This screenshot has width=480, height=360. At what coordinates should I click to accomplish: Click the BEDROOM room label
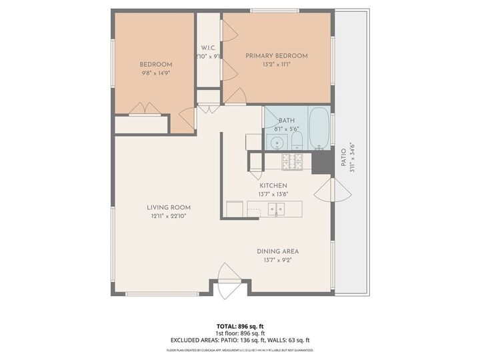coord(155,64)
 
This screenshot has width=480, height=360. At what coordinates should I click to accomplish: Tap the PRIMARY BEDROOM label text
coord(277,56)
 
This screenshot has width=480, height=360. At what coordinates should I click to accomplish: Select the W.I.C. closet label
coord(209,48)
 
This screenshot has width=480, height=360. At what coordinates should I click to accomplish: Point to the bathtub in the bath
coord(319,128)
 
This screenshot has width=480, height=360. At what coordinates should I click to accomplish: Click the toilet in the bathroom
coord(297,141)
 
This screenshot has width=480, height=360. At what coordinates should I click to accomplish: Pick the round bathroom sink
coord(276,141)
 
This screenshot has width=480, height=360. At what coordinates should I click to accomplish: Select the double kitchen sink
coord(276,209)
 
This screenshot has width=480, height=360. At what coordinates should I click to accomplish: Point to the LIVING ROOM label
coord(169,207)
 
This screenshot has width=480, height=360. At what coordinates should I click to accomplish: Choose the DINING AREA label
coord(278,251)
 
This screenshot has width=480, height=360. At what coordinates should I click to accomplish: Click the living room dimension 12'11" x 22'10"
coord(169,216)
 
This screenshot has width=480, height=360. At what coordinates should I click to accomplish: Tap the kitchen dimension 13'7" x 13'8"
coord(273,194)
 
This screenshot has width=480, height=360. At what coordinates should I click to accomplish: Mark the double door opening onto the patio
coord(332,192)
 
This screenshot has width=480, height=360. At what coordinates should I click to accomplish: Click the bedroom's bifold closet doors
coord(145,109)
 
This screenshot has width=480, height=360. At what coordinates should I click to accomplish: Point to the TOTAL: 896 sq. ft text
coord(239,326)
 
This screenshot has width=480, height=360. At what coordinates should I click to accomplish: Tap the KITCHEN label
coord(273,185)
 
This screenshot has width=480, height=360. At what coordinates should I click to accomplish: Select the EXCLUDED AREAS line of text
coord(239,340)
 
